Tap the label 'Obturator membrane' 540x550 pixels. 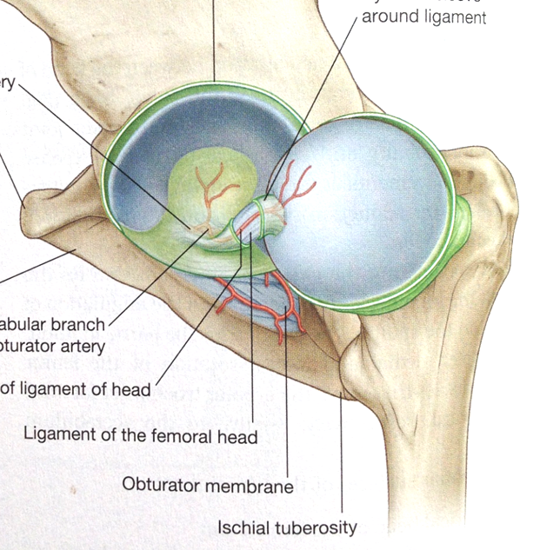click(208, 484)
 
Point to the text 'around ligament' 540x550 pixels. click(423, 17)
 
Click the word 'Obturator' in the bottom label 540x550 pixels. click(162, 484)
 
